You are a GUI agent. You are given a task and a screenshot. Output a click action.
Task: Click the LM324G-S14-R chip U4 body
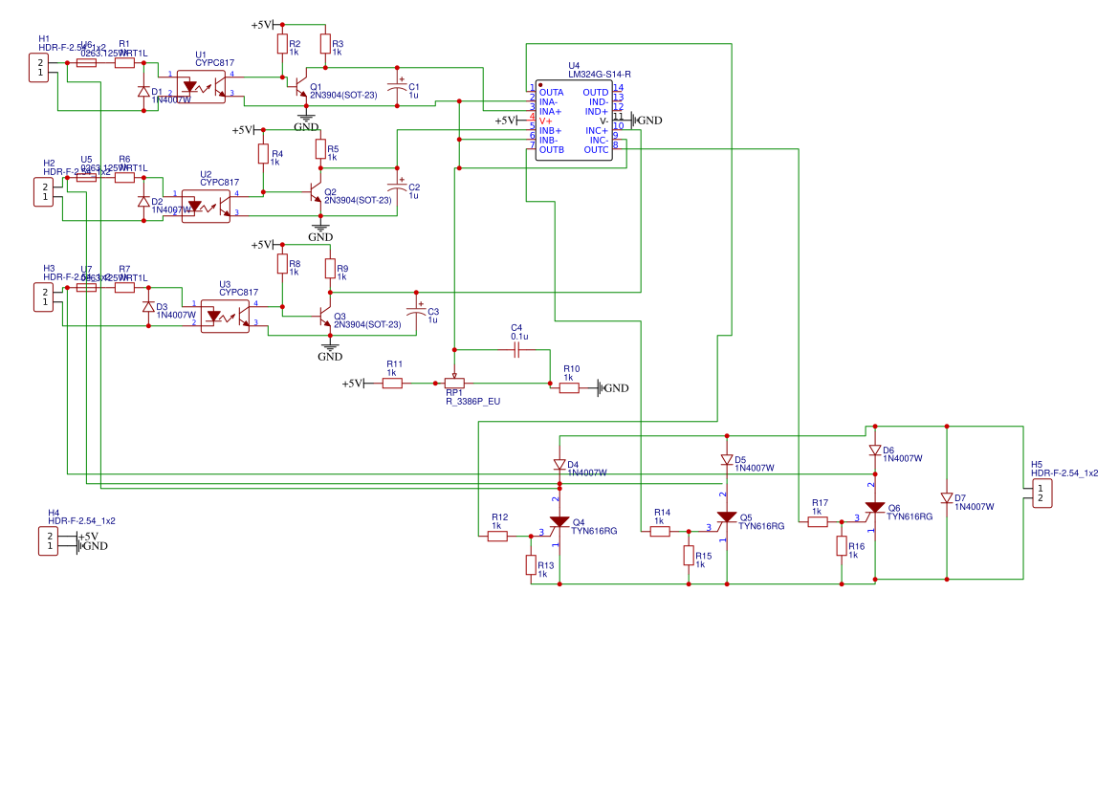(574, 121)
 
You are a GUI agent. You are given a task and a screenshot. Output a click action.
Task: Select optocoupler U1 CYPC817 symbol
(201, 87)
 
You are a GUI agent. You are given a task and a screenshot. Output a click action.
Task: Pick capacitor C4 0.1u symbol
(516, 350)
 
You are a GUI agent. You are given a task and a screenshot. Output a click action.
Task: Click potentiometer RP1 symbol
(454, 383)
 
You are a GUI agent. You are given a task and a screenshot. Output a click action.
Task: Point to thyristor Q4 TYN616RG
(559, 523)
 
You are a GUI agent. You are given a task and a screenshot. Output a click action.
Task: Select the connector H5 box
(1041, 493)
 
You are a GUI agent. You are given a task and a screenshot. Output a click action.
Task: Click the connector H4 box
(48, 540)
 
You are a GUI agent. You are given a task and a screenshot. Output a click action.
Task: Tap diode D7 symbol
(947, 498)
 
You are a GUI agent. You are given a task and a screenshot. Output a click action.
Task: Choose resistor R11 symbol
(392, 383)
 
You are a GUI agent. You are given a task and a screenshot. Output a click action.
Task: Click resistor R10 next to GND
(569, 387)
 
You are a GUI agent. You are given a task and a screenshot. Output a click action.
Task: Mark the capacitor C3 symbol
(416, 311)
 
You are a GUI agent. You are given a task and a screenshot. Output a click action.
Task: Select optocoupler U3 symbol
(225, 316)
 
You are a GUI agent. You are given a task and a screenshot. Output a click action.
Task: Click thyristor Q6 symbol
(874, 509)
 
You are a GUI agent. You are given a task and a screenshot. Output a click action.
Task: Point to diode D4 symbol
(559, 464)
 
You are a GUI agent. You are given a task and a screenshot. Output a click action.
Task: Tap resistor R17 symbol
(818, 522)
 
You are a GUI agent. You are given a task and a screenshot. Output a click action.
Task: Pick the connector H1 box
(38, 68)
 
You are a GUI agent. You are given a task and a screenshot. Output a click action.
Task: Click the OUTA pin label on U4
(551, 92)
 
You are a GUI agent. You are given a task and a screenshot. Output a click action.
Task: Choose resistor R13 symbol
(531, 564)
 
